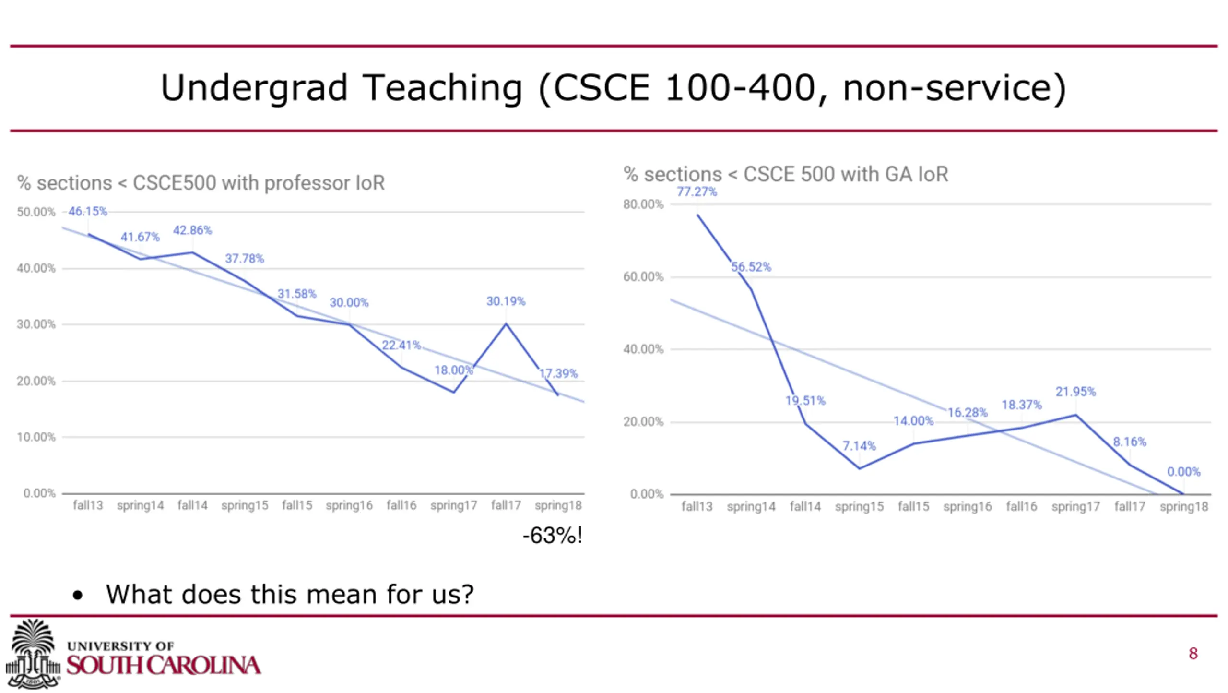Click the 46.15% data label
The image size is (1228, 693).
point(88,211)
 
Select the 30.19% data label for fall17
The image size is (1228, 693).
point(506,301)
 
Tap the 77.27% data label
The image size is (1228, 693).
point(697,192)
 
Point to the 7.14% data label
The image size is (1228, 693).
point(859,446)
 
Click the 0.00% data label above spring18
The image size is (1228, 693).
point(1183,472)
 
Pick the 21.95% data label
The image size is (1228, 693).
point(1075,392)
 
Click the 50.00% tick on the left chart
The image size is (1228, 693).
point(36,212)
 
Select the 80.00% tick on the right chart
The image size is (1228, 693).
point(643,204)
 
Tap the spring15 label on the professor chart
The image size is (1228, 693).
point(245,505)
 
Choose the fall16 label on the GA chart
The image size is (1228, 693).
point(1021,507)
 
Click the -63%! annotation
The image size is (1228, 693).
point(553,536)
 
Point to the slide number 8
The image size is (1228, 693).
point(1193,653)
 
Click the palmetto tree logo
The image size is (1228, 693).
point(33,653)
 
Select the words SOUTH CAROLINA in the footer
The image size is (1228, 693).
point(164,666)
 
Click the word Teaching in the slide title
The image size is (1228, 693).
point(442,88)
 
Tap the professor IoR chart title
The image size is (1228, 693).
point(201,183)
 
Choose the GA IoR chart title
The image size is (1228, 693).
point(786,174)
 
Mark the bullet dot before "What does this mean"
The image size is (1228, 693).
point(78,596)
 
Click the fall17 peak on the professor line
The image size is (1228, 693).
point(506,324)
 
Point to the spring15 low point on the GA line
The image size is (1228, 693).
point(859,468)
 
